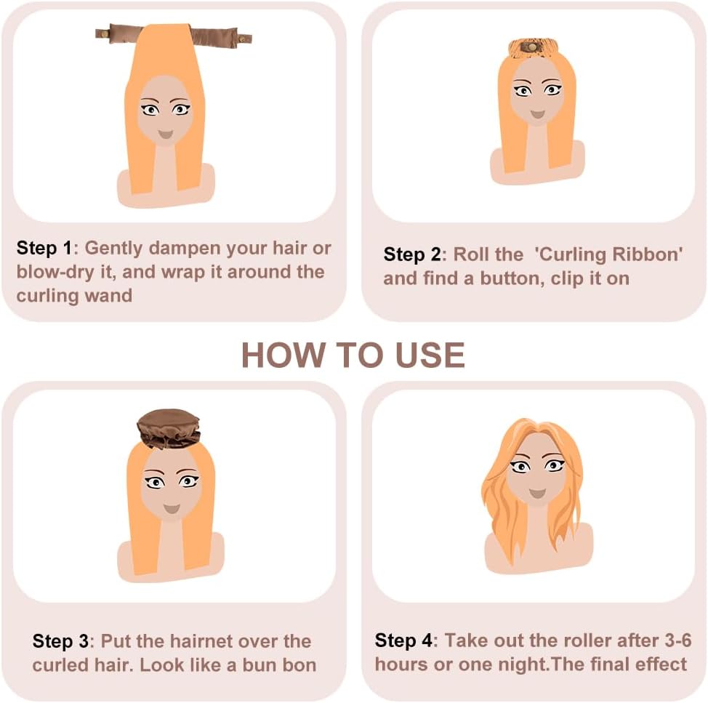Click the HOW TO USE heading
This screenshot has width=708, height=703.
[x=353, y=355]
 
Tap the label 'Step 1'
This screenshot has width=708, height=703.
[x=44, y=248]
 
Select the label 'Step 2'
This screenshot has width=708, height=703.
[x=412, y=254]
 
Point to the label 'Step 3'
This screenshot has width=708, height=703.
[x=60, y=641]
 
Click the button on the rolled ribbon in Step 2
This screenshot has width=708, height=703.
[x=532, y=47]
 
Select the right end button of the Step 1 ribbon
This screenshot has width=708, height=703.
[x=244, y=39]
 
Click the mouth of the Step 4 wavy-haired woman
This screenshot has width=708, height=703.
[x=537, y=493]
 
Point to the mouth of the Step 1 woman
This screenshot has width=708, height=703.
[x=165, y=134]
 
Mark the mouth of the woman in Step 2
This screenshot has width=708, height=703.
[x=537, y=114]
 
